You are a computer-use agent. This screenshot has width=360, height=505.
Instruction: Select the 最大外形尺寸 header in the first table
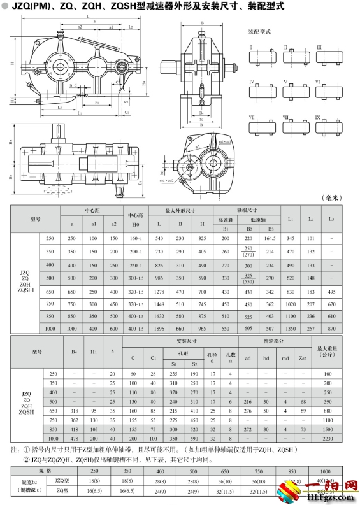[x=180, y=210]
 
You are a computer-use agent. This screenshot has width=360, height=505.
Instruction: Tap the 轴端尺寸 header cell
[x=247, y=209]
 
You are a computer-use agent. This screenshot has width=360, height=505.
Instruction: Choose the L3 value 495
[x=331, y=292]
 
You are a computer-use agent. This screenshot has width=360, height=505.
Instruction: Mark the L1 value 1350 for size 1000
[x=291, y=328]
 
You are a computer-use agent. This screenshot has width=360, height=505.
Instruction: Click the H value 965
[x=203, y=328]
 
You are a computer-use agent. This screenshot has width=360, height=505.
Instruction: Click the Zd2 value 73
[x=303, y=430]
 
